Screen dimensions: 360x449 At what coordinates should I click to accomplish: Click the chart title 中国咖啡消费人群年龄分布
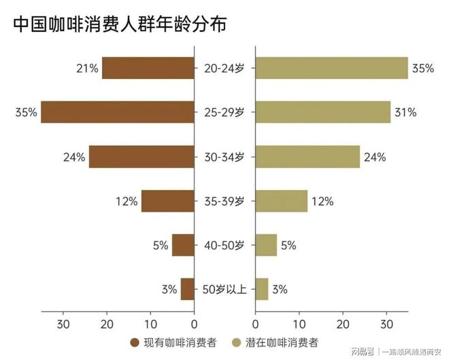pos(120,24)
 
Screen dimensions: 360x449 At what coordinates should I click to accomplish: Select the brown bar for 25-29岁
pos(118,112)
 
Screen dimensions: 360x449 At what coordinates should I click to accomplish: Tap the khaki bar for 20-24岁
pos(331,68)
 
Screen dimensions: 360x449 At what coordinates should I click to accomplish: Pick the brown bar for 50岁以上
pos(188,289)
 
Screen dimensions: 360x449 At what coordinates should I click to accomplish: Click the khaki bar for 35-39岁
pos(281,201)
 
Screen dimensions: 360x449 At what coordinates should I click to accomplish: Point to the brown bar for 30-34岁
pos(142,157)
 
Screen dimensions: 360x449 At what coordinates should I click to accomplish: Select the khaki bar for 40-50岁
pos(266,245)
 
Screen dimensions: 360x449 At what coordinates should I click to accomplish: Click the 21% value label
pos(88,68)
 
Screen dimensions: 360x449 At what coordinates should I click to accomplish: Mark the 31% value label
pos(405,112)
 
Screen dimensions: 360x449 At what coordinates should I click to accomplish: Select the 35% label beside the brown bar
pos(26,112)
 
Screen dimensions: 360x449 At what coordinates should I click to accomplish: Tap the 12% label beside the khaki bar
pos(322,201)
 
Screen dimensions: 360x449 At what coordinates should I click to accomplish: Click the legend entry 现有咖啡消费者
pos(175,342)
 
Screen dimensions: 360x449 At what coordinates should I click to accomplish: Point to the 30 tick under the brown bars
pos(64,323)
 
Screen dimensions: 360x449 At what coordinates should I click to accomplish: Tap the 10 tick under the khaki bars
pos(299,323)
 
